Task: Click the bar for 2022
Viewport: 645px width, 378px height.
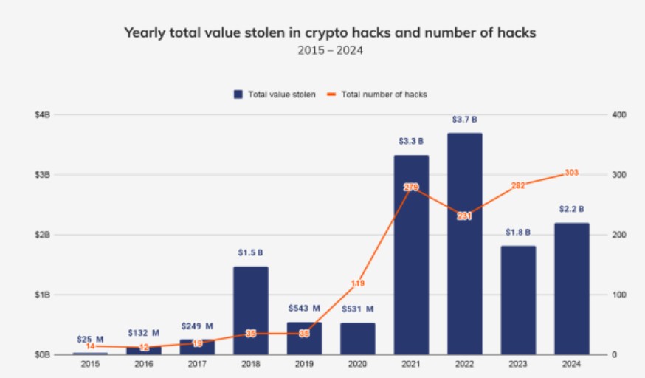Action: point(464,244)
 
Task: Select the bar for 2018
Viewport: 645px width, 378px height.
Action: point(251,310)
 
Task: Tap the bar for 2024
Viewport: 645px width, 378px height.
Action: point(571,288)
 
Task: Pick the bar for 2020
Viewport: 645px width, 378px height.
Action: point(358,338)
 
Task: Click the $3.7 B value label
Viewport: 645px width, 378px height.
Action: point(464,120)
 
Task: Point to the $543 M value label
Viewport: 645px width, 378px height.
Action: point(304,309)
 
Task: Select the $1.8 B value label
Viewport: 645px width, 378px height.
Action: point(518,232)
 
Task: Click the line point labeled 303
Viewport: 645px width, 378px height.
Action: point(571,173)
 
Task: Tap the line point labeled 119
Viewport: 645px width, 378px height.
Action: point(358,283)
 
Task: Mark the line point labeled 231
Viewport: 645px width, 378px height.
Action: point(464,216)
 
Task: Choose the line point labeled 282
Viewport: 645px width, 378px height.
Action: point(518,185)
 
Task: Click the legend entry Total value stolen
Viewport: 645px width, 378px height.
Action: point(275,94)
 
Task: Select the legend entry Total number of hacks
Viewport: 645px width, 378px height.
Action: point(378,94)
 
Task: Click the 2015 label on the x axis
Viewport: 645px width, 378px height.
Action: point(90,364)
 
